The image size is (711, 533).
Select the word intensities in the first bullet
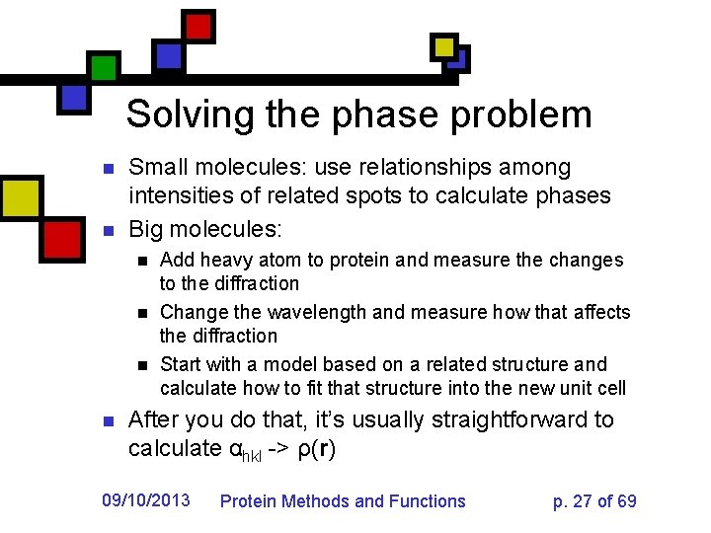tap(181, 195)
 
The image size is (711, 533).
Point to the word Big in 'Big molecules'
tap(146, 230)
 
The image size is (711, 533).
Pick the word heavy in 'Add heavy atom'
tap(222, 261)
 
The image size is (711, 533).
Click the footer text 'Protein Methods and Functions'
tap(342, 501)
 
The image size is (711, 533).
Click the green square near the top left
tap(103, 67)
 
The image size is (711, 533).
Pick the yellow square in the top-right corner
tap(445, 46)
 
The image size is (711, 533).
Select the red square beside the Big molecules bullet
tap(61, 238)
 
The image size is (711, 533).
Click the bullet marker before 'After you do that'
tap(110, 420)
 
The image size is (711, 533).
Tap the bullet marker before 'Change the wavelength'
tap(142, 313)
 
